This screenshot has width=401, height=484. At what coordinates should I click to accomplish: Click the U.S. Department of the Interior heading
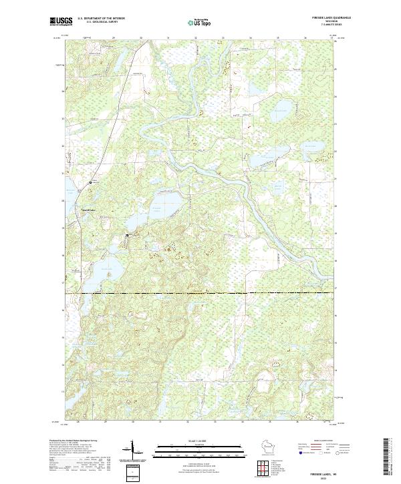click(101, 18)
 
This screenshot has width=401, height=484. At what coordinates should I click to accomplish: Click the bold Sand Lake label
click(88, 209)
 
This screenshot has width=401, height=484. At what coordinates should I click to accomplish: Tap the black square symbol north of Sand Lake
click(92, 182)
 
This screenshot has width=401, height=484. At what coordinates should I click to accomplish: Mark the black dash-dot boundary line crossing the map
click(200, 293)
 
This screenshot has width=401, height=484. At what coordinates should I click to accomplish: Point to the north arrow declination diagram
click(132, 451)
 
